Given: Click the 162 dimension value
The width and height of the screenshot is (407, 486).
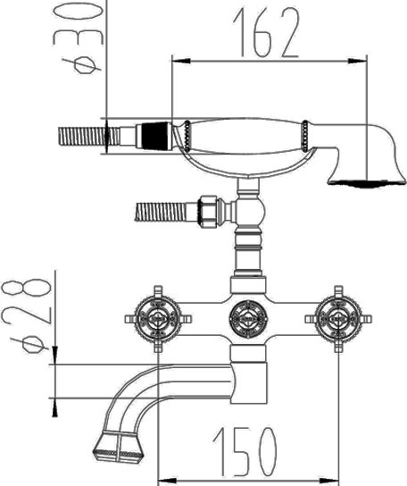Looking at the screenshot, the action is click(266, 32).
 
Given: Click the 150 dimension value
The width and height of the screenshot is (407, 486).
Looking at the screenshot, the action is click(245, 452).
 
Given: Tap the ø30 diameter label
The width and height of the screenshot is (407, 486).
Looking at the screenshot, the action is click(79, 38).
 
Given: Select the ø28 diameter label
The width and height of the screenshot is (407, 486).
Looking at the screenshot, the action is click(26, 315).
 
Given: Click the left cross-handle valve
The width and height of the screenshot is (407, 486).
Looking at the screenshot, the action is click(158, 319).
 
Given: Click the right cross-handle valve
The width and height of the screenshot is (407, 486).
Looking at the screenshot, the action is click(338, 319).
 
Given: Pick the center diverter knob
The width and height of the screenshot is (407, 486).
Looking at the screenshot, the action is click(248, 319).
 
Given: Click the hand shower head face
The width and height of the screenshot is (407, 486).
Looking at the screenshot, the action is click(368, 183).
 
